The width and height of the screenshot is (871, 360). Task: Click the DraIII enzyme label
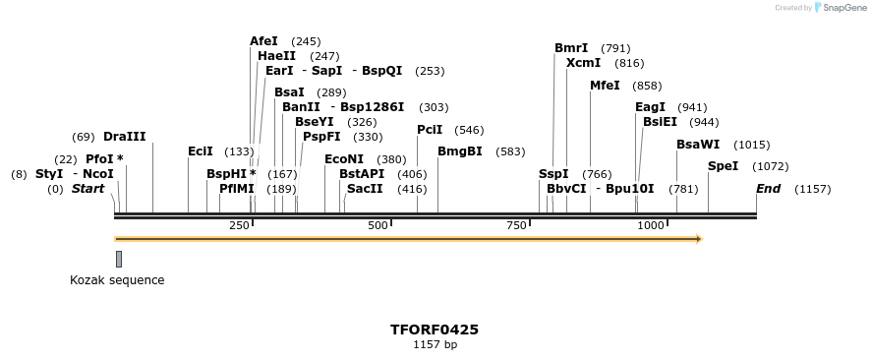point(124,137)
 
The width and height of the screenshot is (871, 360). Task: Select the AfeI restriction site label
point(263,41)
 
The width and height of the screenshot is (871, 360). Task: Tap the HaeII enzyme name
point(276,56)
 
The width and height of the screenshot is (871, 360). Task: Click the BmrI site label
point(571,48)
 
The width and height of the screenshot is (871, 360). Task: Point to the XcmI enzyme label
point(583,63)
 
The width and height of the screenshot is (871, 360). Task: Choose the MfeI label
point(605,86)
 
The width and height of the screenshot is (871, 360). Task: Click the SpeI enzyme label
point(723,166)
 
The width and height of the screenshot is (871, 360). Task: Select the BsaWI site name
point(698,145)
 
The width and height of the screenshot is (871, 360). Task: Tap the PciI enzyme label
point(430,130)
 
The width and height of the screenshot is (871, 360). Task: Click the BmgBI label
point(460,151)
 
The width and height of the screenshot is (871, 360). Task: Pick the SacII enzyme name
point(365,189)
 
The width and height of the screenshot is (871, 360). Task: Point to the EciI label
point(201,151)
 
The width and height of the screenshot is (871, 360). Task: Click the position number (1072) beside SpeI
point(770,166)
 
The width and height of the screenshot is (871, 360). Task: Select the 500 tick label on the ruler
point(378,226)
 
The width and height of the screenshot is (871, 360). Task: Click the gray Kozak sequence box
point(119,259)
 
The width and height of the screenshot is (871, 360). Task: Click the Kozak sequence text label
point(117,280)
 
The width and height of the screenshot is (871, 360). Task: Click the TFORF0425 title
point(435,330)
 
